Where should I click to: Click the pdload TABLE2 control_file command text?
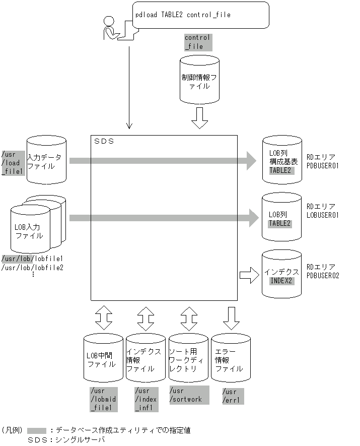(x=182, y=15)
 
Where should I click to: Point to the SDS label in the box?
(x=104, y=141)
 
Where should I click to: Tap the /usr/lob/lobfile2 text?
(x=33, y=267)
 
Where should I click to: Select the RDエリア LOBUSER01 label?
(x=323, y=211)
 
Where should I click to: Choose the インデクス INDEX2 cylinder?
(x=281, y=275)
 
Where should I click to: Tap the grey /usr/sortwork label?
(x=189, y=395)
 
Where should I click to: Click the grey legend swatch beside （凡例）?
(x=37, y=430)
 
